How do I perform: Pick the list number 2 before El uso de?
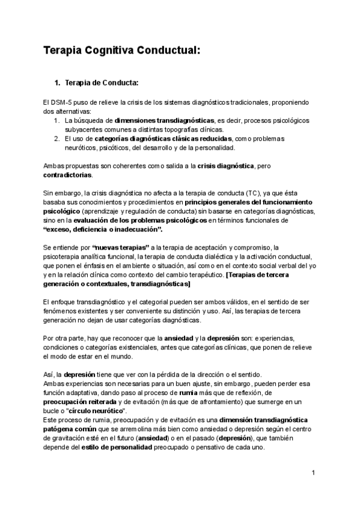click(x=56, y=139)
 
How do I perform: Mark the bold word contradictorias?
click(x=68, y=175)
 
